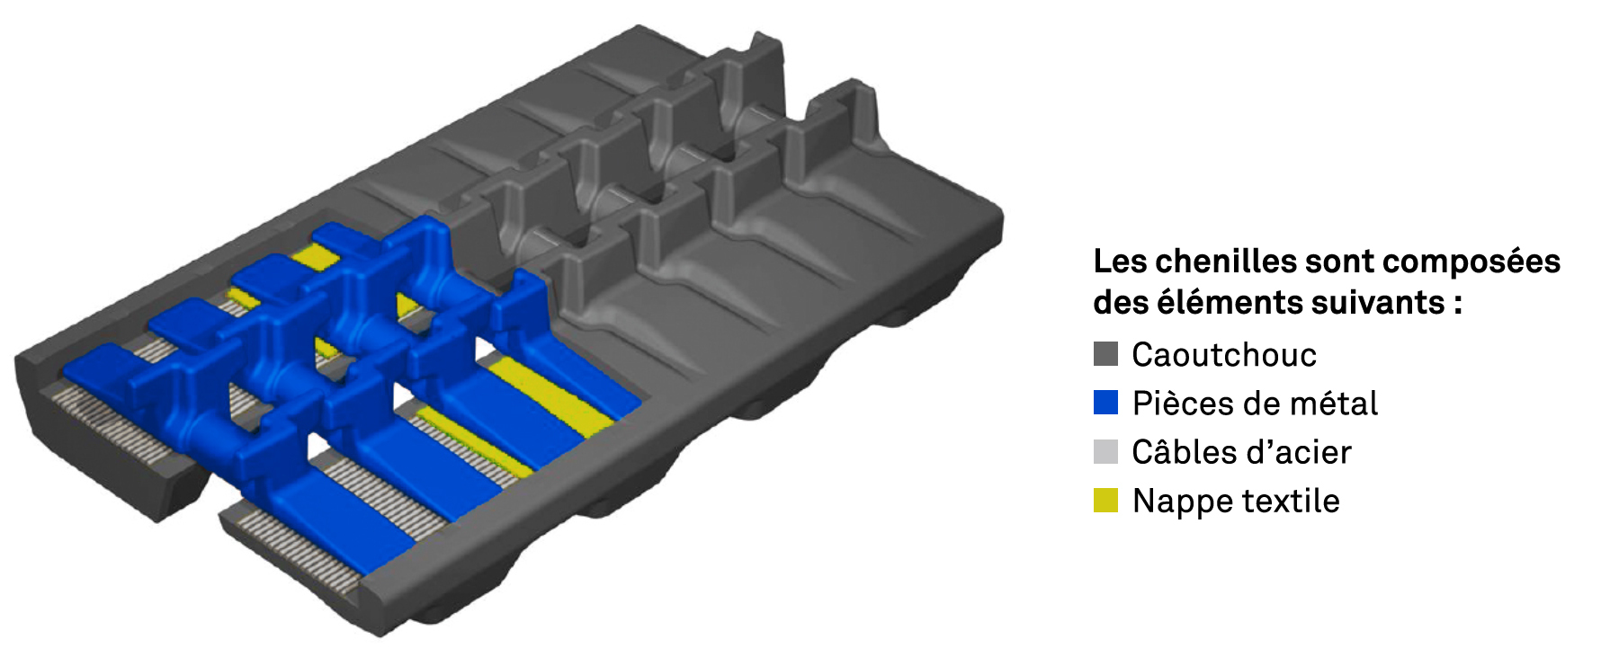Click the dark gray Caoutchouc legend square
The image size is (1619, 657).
click(x=1105, y=354)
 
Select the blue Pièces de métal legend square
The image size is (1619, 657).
click(x=1105, y=403)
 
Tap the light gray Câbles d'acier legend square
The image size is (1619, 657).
click(x=1105, y=451)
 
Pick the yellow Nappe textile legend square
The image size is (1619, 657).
click(x=1105, y=500)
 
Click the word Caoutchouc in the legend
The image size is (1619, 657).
click(x=1223, y=355)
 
